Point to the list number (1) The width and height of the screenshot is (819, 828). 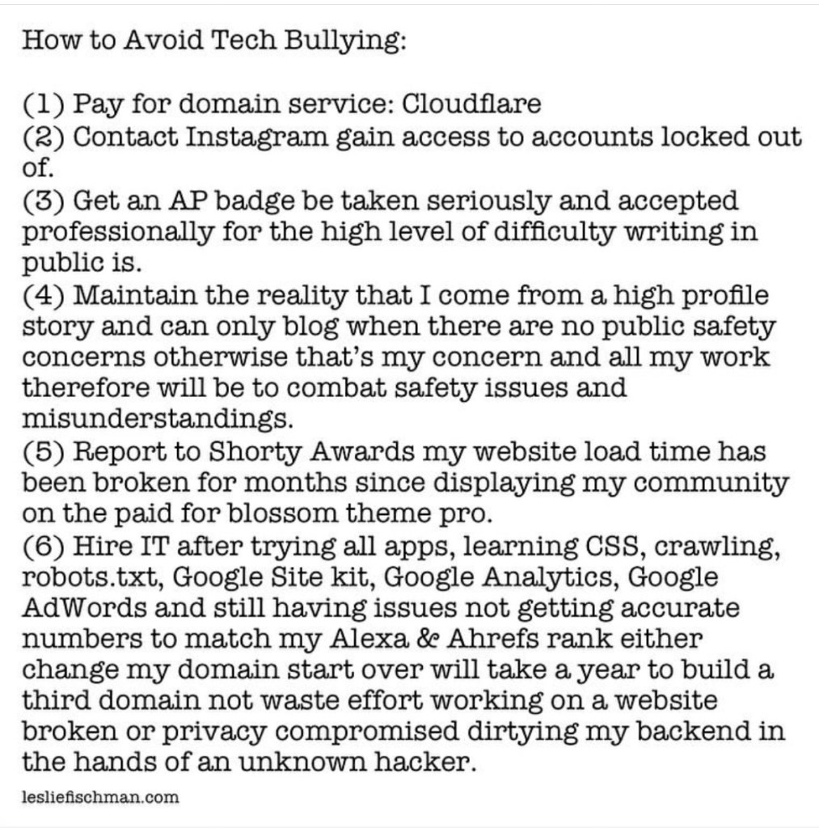pyautogui.click(x=44, y=104)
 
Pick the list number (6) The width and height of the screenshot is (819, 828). pyautogui.click(x=44, y=547)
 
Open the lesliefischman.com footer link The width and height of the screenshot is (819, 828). pyautogui.click(x=100, y=797)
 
